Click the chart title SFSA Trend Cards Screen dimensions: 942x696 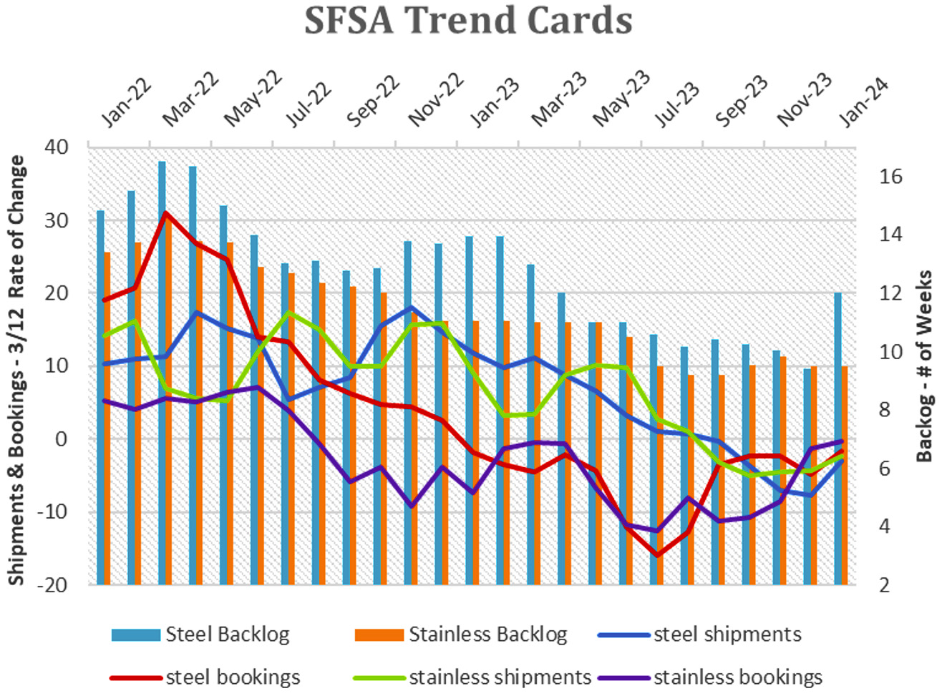point(468,20)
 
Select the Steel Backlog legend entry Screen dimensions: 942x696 point(200,634)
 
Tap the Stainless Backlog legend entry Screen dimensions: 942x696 point(461,634)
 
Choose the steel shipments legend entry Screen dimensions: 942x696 point(699,634)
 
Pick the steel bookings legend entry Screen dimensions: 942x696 point(205,677)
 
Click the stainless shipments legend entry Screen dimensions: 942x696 point(472,677)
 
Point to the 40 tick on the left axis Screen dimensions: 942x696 point(56,147)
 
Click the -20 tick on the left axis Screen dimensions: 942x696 point(52,586)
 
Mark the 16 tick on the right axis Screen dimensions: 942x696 point(890,176)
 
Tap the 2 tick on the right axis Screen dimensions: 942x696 point(885,586)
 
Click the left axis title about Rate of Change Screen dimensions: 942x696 point(16,370)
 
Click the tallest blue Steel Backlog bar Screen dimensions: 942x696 point(162,373)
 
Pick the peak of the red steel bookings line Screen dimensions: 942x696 point(166,212)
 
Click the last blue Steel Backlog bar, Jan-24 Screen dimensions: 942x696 point(837,438)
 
